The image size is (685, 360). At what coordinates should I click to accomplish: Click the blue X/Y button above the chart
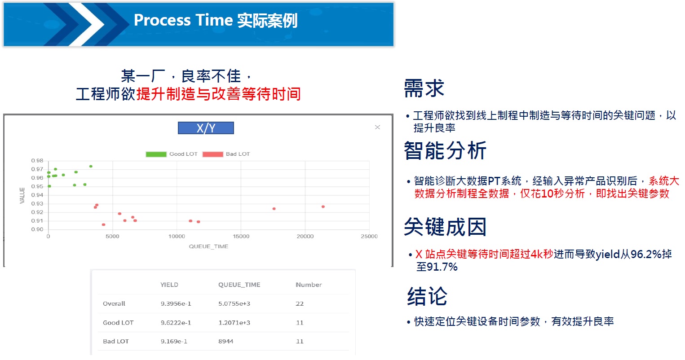point(206,128)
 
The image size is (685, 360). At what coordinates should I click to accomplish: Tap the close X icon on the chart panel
point(377,127)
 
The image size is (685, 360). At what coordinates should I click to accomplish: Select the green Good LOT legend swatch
point(156,154)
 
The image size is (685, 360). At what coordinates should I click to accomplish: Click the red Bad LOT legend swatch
point(213,154)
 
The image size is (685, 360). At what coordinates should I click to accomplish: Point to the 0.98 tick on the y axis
point(37,160)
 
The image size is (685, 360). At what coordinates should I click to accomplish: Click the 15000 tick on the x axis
point(241,236)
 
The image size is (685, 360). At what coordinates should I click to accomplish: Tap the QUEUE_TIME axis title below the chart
point(208,246)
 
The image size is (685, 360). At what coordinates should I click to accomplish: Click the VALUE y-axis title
point(22,196)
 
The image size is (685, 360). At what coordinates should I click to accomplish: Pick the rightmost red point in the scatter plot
point(323,207)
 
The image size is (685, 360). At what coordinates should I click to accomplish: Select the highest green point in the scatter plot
point(91,166)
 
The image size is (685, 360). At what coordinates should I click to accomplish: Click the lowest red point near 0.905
point(104,224)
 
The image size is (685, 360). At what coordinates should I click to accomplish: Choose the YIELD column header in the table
point(169,285)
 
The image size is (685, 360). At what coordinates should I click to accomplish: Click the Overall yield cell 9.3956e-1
point(176,303)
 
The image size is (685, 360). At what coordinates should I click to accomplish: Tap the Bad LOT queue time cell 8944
point(225,341)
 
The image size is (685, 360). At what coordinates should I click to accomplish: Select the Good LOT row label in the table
point(118,322)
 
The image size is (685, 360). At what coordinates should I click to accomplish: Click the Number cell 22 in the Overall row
point(300,303)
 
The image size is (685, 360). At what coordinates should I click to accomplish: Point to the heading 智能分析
point(445,150)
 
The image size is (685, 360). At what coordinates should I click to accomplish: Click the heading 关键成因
point(445,227)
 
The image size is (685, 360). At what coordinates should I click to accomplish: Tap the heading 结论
point(427,296)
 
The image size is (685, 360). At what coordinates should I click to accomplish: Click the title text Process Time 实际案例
point(216,21)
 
